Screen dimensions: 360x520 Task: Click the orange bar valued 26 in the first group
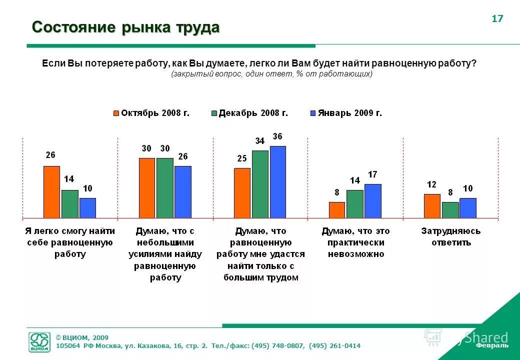pyautogui.click(x=51, y=192)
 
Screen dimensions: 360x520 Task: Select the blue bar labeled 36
pyautogui.click(x=277, y=182)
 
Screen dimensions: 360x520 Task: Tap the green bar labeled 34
pyautogui.click(x=260, y=184)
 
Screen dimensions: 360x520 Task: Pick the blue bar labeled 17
pyautogui.click(x=372, y=201)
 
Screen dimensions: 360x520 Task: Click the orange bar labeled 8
pyautogui.click(x=337, y=210)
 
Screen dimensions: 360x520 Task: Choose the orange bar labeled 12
pyautogui.click(x=432, y=206)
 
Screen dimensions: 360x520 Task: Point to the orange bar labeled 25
pyautogui.click(x=242, y=193)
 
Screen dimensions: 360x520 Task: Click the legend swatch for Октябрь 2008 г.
pyautogui.click(x=116, y=113)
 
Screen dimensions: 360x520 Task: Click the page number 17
pyautogui.click(x=497, y=19)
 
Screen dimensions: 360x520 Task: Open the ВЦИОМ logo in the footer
pyautogui.click(x=39, y=342)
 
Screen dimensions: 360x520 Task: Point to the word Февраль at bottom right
pyautogui.click(x=492, y=345)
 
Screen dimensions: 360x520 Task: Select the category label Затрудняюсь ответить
pyautogui.click(x=450, y=237)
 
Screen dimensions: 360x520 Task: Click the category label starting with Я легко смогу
pyautogui.click(x=70, y=242)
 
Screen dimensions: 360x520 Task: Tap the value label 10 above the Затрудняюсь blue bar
pyautogui.click(x=467, y=188)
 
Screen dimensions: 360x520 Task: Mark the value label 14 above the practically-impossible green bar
pyautogui.click(x=354, y=180)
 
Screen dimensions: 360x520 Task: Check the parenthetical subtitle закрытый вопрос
pyautogui.click(x=271, y=74)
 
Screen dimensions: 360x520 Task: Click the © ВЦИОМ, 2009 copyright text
pyautogui.click(x=82, y=337)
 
